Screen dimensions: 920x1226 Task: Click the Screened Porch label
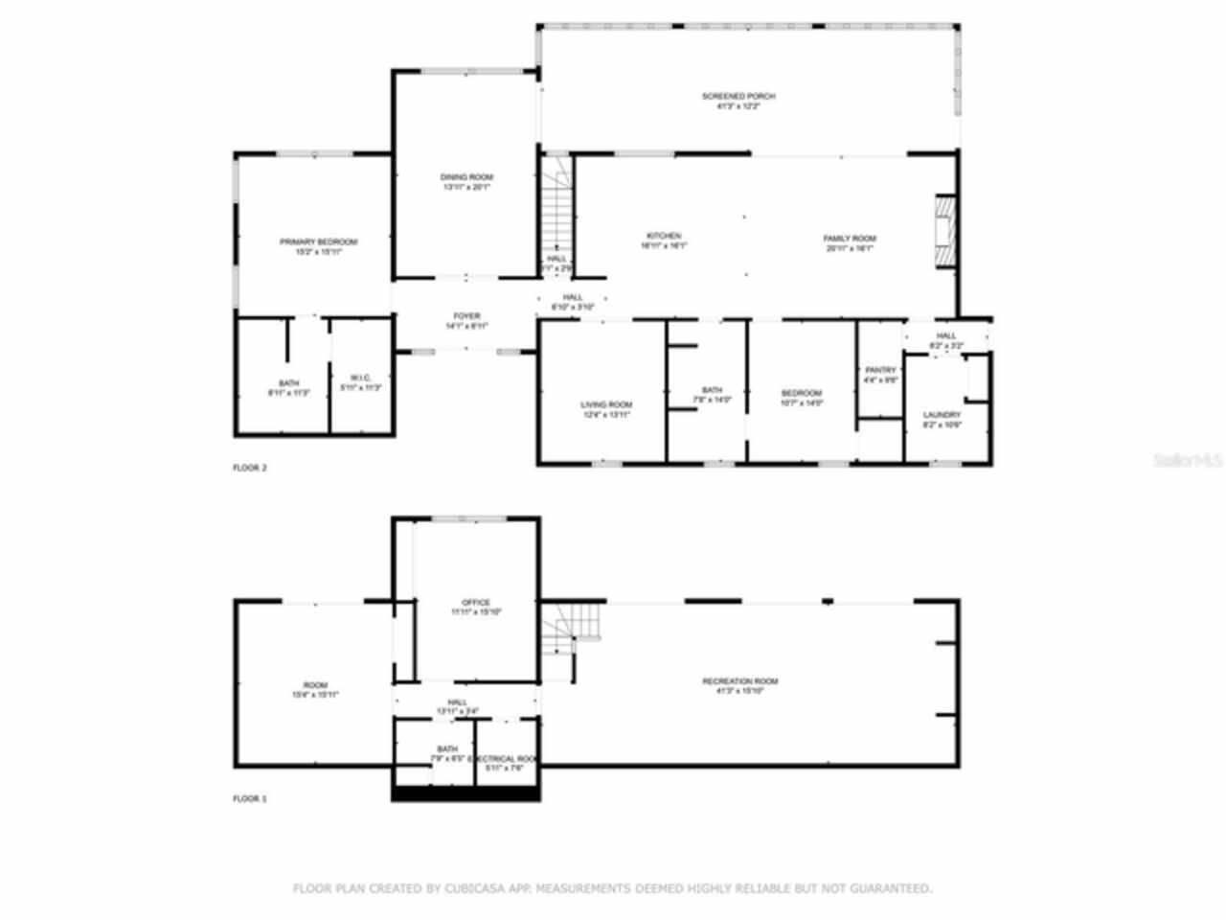(738, 97)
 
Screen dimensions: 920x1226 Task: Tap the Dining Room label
(466, 178)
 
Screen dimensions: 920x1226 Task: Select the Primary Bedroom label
(318, 242)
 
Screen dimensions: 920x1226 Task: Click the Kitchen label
(664, 236)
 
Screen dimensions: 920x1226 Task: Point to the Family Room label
(850, 239)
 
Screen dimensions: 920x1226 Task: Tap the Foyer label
(466, 316)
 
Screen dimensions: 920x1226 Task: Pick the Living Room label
(606, 405)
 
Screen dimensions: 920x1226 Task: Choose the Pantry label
(880, 370)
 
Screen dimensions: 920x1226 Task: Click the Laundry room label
(942, 415)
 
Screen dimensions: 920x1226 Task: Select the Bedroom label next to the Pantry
(802, 394)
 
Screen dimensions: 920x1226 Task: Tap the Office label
(476, 603)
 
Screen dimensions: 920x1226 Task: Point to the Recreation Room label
(740, 681)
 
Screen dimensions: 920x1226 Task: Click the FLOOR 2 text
(250, 468)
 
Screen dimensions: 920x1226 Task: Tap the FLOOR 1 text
(250, 798)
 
